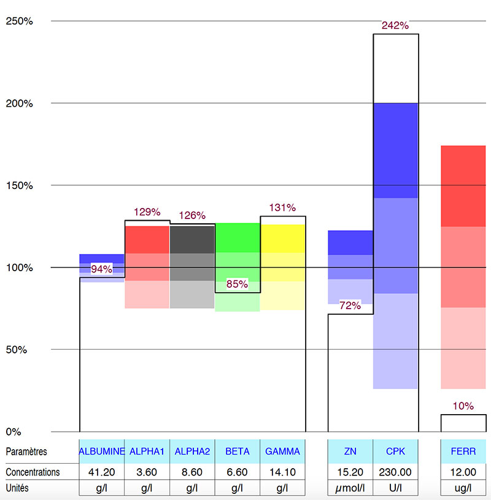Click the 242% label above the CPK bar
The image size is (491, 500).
point(395,25)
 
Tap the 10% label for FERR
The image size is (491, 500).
point(463,406)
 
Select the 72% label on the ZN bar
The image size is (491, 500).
point(350,306)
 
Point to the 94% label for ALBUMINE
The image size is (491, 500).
point(102,269)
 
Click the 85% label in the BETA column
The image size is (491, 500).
point(237,284)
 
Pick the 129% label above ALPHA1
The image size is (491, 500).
point(147,212)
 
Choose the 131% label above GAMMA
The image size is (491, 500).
point(283,207)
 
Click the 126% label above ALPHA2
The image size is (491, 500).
point(192,215)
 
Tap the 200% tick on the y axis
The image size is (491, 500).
point(20,103)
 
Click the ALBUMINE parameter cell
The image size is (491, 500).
point(102,452)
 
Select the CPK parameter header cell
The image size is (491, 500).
point(395,452)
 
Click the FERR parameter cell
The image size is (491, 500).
point(463,452)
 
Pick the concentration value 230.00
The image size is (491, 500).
point(395,472)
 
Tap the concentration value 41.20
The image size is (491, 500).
point(102,472)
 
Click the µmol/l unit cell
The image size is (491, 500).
point(350,488)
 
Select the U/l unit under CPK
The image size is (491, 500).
point(395,488)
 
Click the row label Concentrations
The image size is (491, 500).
point(33,472)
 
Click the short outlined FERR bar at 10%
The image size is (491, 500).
point(463,423)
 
